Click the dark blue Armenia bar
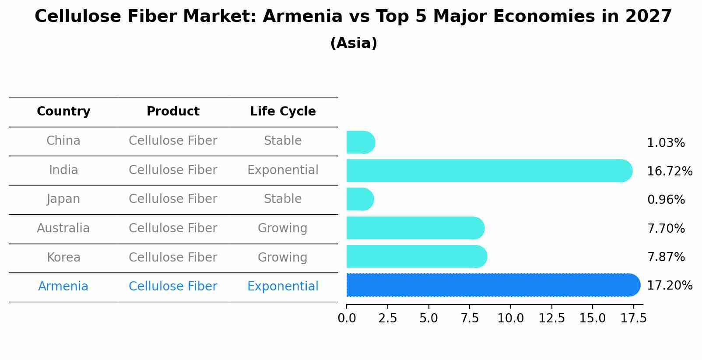[493, 285]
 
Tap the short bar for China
[360, 142]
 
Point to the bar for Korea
[416, 256]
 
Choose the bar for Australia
[415, 228]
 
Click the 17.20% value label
[669, 286]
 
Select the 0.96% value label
[666, 200]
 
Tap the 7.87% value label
[666, 257]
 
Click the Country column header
[63, 112]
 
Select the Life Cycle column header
[283, 112]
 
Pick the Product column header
[173, 112]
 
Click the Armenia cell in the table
[63, 287]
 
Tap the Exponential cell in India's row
[283, 170]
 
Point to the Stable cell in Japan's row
[283, 199]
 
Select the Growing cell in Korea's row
[283, 257]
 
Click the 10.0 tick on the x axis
[510, 318]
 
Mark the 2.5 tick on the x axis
[388, 318]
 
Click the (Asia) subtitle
[354, 43]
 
